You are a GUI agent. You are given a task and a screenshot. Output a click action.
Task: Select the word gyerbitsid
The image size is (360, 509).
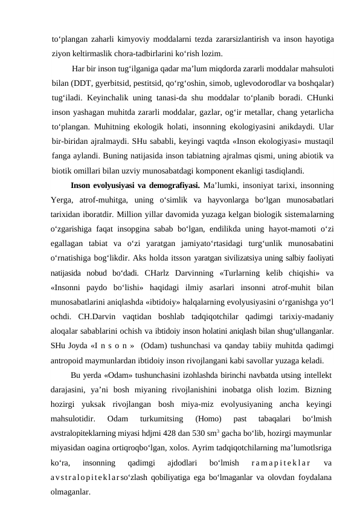112,82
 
